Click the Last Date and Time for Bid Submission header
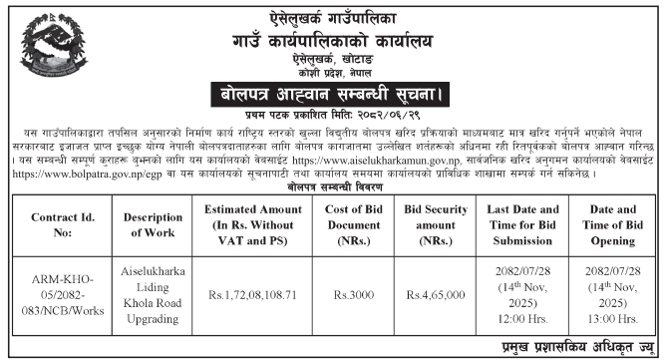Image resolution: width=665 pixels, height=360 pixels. coord(536,218)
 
